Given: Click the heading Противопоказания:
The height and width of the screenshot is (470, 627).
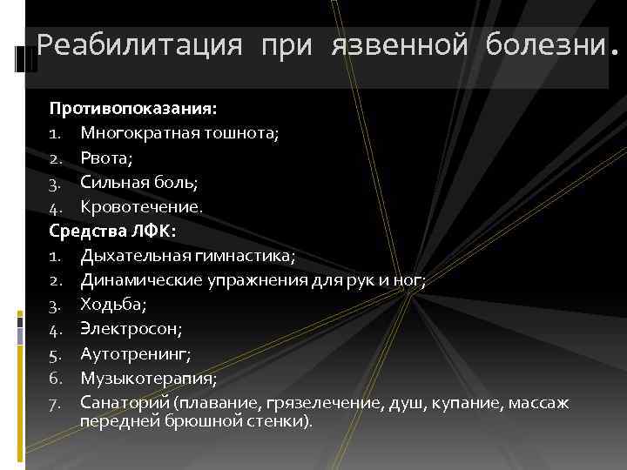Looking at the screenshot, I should pos(132,110).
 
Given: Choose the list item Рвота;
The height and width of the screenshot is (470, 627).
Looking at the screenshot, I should pos(108,158).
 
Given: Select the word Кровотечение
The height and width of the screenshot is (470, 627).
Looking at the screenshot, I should pos(140,207).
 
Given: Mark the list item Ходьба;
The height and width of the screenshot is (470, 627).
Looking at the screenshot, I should pos(113,305).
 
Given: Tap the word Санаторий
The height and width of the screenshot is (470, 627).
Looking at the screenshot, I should pos(125,402).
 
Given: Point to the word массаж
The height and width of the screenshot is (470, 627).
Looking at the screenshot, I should pos(539,402).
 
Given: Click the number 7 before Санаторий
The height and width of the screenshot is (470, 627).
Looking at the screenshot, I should pos(54,402).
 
